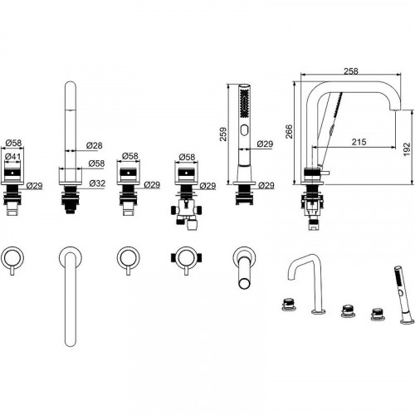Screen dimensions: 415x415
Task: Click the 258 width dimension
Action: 351,71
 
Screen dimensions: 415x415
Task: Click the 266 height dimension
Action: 289,132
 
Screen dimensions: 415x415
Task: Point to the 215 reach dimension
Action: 359,142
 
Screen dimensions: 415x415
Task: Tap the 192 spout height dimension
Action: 407,149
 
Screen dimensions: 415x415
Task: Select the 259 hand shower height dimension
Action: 223,134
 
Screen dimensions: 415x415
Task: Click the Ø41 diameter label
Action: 13,157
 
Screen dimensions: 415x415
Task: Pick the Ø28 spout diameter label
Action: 94,145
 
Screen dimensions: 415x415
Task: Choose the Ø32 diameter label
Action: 97,183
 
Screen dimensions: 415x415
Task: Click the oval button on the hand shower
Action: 244,129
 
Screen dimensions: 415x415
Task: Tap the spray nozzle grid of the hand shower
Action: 244,104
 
